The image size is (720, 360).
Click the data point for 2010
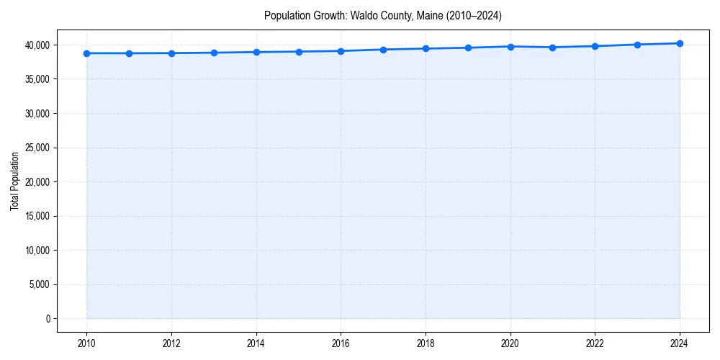click(x=86, y=53)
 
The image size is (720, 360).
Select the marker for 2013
click(x=214, y=53)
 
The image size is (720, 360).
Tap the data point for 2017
click(x=383, y=50)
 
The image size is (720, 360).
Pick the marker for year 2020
click(x=510, y=47)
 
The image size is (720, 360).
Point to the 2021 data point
click(x=552, y=48)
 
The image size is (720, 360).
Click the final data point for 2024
click(x=680, y=43)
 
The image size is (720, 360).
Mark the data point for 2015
click(x=299, y=52)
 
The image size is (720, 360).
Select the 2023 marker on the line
click(x=637, y=45)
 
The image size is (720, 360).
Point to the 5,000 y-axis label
click(x=40, y=284)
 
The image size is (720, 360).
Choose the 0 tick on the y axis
click(x=48, y=319)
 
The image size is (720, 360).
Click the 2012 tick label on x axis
click(x=171, y=343)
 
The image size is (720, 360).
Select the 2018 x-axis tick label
click(x=426, y=343)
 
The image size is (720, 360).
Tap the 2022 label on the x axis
click(x=595, y=343)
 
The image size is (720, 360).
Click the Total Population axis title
click(x=14, y=181)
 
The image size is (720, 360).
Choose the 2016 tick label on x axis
click(x=341, y=343)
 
